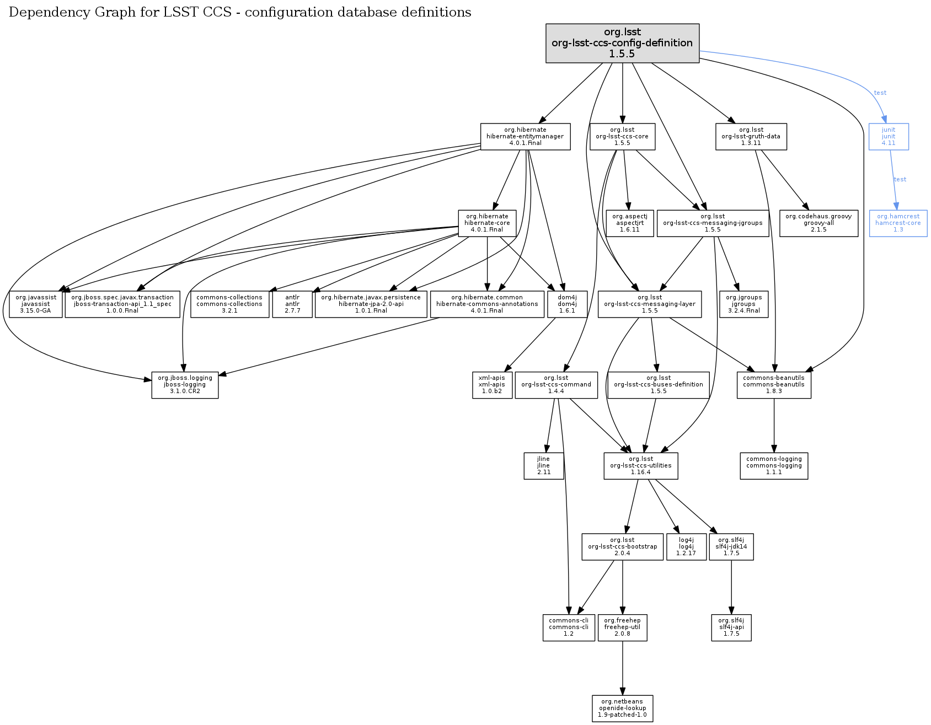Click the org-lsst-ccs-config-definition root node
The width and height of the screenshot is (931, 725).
pos(622,43)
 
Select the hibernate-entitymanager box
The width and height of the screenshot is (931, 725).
pos(525,137)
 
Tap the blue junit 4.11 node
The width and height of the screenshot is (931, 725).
pos(888,137)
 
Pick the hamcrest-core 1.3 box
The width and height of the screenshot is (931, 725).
pos(898,223)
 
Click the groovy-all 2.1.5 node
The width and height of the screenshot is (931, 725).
pos(818,223)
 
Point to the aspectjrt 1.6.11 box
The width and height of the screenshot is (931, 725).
pos(629,223)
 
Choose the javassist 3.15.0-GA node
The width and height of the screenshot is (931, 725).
pos(36,304)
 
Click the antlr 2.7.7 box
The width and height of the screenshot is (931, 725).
pos(292,304)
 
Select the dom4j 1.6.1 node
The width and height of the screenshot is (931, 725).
pos(567,304)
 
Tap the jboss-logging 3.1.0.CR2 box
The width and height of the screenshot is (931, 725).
pos(185,385)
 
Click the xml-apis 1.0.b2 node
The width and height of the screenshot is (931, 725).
pos(491,385)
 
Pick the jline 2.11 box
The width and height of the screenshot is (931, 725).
pos(543,466)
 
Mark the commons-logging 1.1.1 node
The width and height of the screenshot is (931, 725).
pos(774,466)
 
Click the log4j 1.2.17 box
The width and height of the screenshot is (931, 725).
pos(686,547)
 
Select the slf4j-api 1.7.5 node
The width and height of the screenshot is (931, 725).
pos(731,627)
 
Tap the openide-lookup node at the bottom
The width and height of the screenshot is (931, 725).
pos(622,708)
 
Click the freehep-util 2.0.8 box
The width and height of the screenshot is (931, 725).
pos(622,627)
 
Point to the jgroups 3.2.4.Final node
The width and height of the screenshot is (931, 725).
pos(743,304)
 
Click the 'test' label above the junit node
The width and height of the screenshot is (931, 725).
pos(880,93)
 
